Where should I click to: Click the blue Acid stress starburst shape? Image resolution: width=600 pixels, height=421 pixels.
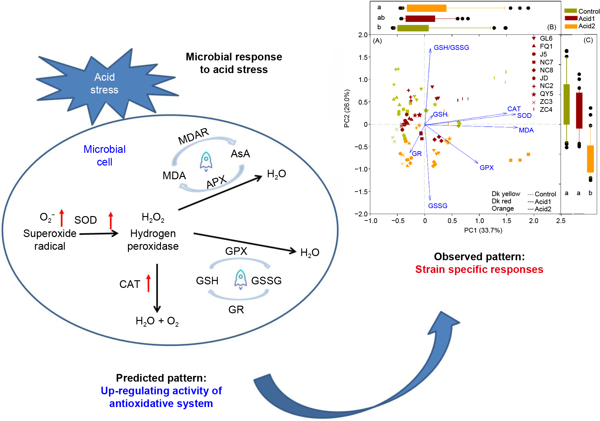point(105,84)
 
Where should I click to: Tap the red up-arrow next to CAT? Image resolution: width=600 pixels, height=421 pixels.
point(148,283)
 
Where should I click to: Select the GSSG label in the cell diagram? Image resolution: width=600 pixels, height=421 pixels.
point(266,281)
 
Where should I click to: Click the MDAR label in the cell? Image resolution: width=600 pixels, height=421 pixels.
point(193,136)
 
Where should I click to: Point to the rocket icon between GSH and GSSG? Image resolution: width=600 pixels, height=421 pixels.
point(240,279)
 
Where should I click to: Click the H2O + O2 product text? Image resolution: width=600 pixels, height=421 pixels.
point(157,321)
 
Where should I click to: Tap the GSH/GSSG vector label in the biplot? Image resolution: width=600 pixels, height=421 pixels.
point(451,48)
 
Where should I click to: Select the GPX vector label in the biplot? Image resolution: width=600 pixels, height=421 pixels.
point(486,168)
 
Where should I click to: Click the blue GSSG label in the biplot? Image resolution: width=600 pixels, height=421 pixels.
point(437,206)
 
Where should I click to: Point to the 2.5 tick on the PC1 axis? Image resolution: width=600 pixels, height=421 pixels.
point(561,221)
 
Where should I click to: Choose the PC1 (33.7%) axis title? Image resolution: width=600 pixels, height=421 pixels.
point(483,230)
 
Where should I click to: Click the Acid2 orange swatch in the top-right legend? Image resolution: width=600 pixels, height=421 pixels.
point(570,26)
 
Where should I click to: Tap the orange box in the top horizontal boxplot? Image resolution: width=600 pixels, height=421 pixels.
point(426,8)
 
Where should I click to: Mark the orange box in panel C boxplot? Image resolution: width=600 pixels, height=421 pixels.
point(590,159)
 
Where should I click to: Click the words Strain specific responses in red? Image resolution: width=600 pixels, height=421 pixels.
point(479,269)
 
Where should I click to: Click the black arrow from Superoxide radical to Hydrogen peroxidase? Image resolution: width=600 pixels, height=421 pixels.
point(99,234)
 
